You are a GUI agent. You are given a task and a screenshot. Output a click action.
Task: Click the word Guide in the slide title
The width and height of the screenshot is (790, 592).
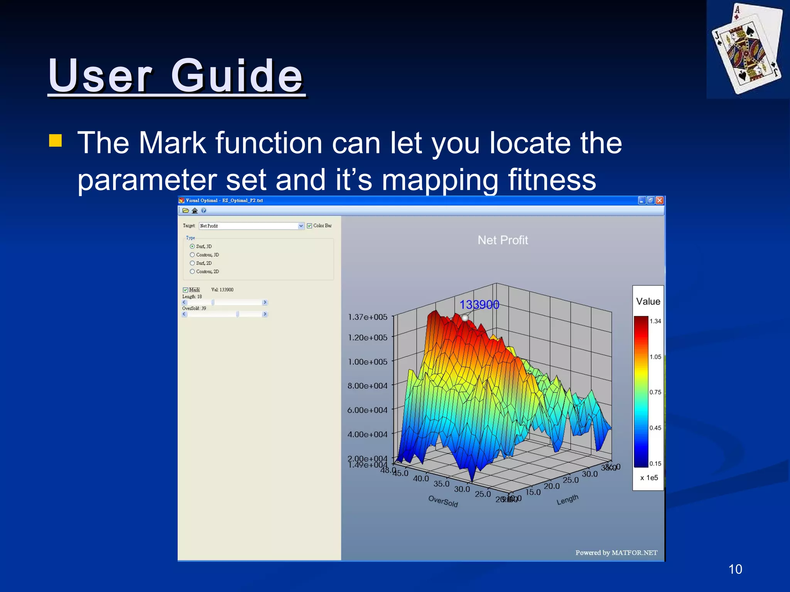point(237,76)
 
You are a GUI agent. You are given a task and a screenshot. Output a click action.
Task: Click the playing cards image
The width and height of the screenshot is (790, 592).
point(747,49)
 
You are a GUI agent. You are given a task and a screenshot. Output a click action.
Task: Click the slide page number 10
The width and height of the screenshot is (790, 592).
point(735,569)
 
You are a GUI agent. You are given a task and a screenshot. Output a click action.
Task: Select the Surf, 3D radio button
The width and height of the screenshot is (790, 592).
point(192,246)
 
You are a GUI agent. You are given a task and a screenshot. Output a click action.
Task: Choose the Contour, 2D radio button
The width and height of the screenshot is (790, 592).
point(192,271)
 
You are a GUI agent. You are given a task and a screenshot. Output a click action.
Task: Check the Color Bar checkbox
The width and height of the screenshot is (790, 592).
point(309,226)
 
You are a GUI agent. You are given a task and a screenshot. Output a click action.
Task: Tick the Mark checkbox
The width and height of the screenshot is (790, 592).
point(186,290)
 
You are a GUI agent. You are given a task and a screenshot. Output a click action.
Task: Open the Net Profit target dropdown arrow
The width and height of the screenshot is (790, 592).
point(301,226)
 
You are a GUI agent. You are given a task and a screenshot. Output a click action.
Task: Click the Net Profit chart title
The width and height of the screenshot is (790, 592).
point(503,240)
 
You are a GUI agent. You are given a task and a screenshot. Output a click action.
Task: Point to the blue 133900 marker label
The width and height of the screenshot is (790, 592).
point(479,305)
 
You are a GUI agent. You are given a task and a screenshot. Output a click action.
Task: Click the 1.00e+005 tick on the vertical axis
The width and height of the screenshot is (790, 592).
point(368,362)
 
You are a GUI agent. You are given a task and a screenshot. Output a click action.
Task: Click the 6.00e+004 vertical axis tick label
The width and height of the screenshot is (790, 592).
point(367,410)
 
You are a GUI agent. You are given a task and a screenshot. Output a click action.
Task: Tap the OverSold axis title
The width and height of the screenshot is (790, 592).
point(443,501)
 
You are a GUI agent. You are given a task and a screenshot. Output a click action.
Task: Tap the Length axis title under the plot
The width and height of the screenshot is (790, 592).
point(567,499)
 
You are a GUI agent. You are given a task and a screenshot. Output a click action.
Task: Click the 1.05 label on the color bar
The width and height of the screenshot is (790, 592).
point(655,357)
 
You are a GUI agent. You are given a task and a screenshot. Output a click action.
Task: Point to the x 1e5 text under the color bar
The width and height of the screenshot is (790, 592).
point(649,478)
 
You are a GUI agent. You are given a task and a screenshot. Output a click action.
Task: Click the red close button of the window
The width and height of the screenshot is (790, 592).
point(660,200)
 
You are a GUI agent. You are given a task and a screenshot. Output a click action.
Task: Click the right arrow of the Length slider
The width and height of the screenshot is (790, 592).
point(265,303)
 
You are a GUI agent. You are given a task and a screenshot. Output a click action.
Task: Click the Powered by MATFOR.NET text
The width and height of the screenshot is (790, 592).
point(616,553)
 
